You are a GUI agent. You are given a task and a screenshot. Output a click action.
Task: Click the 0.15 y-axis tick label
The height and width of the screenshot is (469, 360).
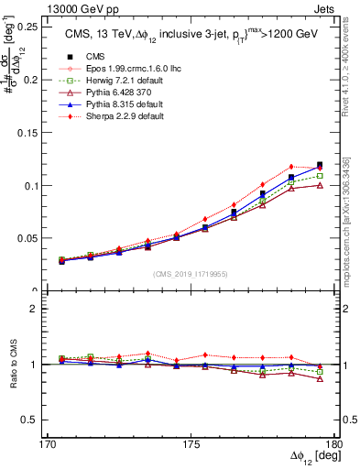(x=18, y=132)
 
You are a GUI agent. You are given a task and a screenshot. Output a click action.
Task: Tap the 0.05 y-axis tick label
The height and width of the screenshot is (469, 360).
(x=18, y=238)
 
